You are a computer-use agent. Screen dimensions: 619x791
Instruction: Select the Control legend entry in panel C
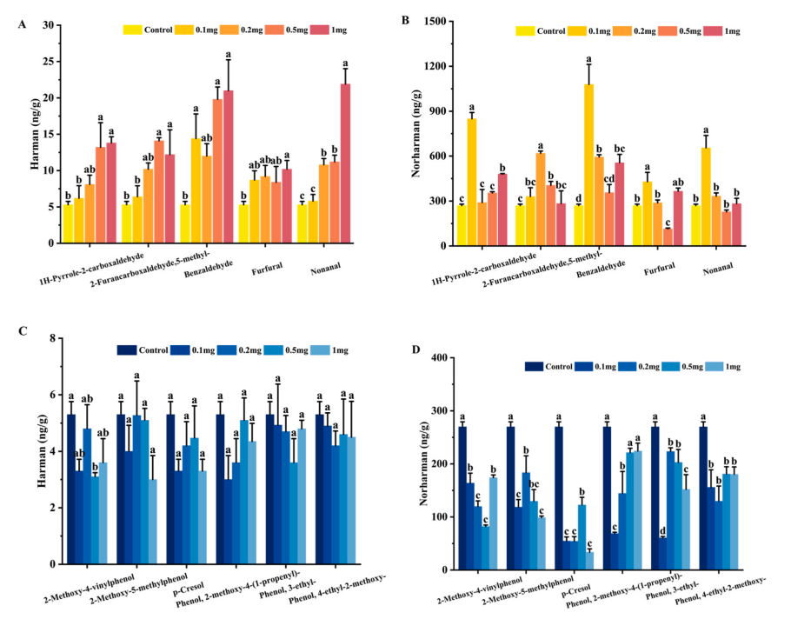pos(127,350)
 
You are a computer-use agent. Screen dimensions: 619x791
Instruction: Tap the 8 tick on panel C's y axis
pos(54,337)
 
